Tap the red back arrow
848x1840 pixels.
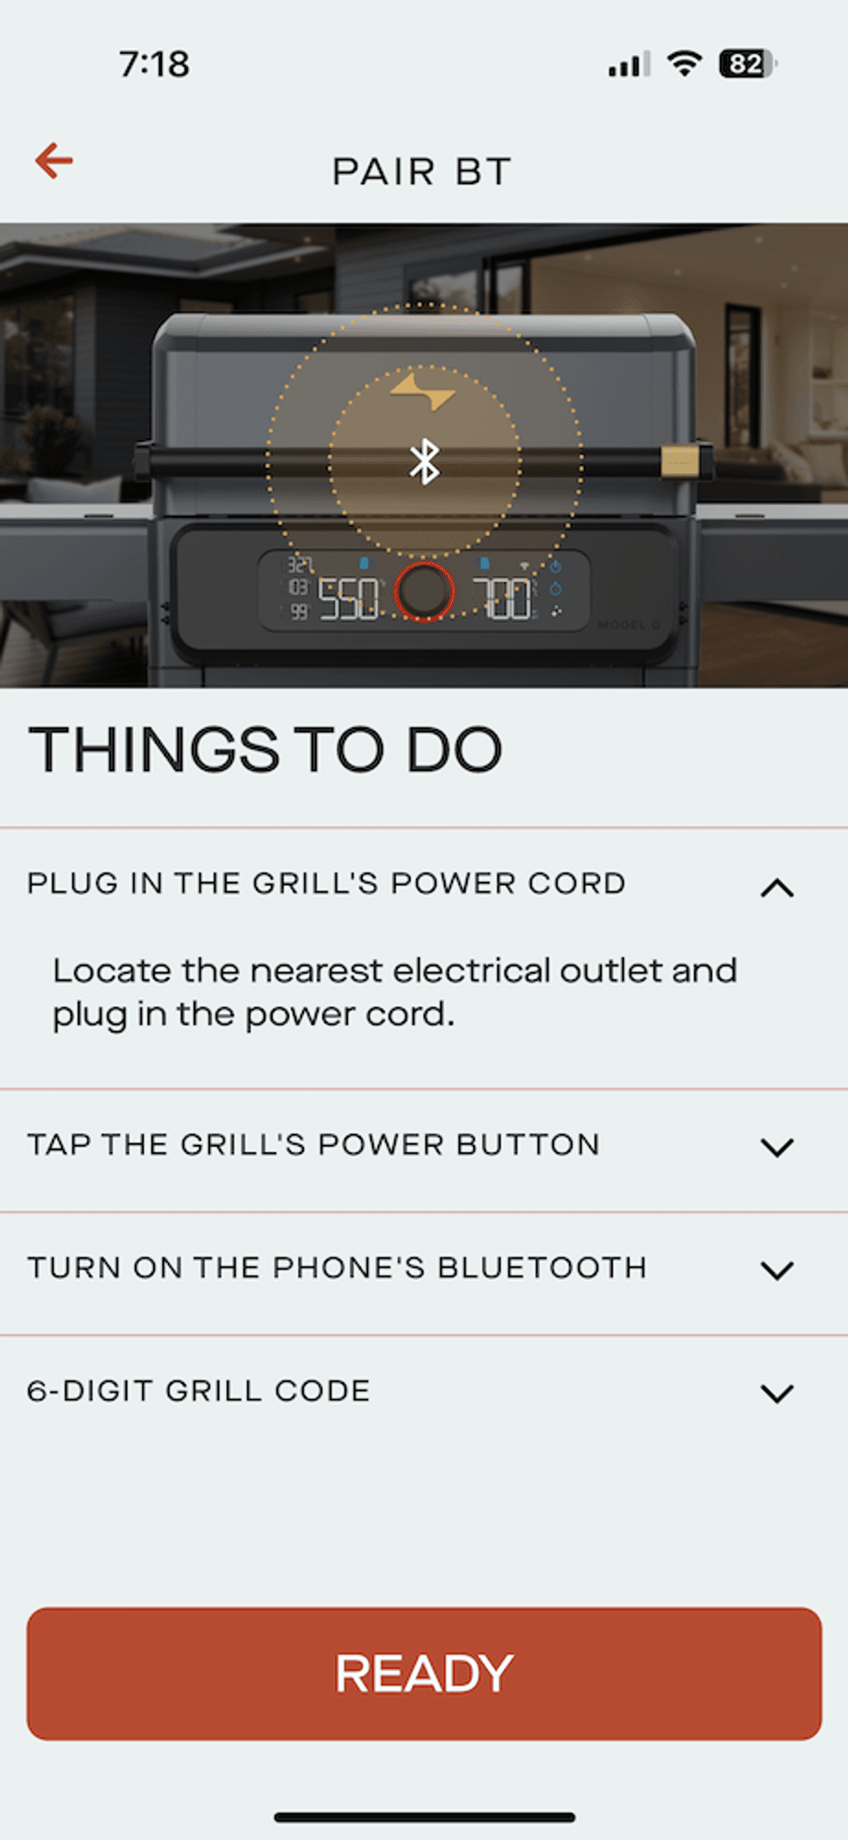(53, 161)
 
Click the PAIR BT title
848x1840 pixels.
(422, 171)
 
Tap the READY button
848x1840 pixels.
(424, 1674)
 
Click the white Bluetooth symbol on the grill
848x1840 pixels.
(424, 461)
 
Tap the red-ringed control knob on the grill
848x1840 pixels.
(424, 592)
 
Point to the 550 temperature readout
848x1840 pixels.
(349, 599)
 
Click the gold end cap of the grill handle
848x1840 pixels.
(680, 461)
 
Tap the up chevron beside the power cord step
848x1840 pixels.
(777, 888)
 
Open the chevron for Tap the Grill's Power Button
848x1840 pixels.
(777, 1148)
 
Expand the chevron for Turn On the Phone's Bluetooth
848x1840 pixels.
(777, 1271)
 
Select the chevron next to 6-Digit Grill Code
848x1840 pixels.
(777, 1393)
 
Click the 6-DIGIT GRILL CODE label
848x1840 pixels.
(199, 1391)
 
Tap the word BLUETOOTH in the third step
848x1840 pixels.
(543, 1268)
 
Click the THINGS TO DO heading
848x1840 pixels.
(265, 750)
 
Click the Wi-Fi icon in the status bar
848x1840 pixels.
(684, 63)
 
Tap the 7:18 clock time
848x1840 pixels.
(154, 64)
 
